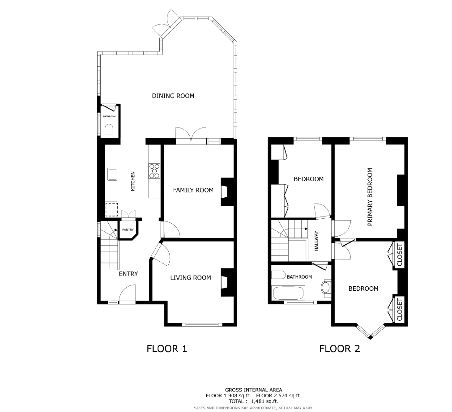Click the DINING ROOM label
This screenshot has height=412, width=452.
coord(173,96)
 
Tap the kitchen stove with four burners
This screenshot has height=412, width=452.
coord(154,171)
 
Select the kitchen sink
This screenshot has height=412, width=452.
coord(112,174)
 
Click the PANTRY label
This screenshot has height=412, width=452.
coord(128,229)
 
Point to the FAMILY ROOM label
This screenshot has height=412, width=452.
coord(193,190)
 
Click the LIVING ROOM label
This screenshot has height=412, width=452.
coord(191,278)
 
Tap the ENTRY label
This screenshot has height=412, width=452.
coord(128,274)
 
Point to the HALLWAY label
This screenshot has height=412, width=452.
coord(316,241)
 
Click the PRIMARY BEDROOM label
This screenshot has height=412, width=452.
coord(370,197)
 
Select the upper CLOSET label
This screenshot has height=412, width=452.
coord(400,255)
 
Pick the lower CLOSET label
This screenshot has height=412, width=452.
coord(400,310)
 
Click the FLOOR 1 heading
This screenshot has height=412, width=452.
coord(167,349)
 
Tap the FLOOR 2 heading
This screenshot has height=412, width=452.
coord(340,349)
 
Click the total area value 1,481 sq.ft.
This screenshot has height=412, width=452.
coord(264,401)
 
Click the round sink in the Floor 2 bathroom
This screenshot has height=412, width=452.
coord(326,288)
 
